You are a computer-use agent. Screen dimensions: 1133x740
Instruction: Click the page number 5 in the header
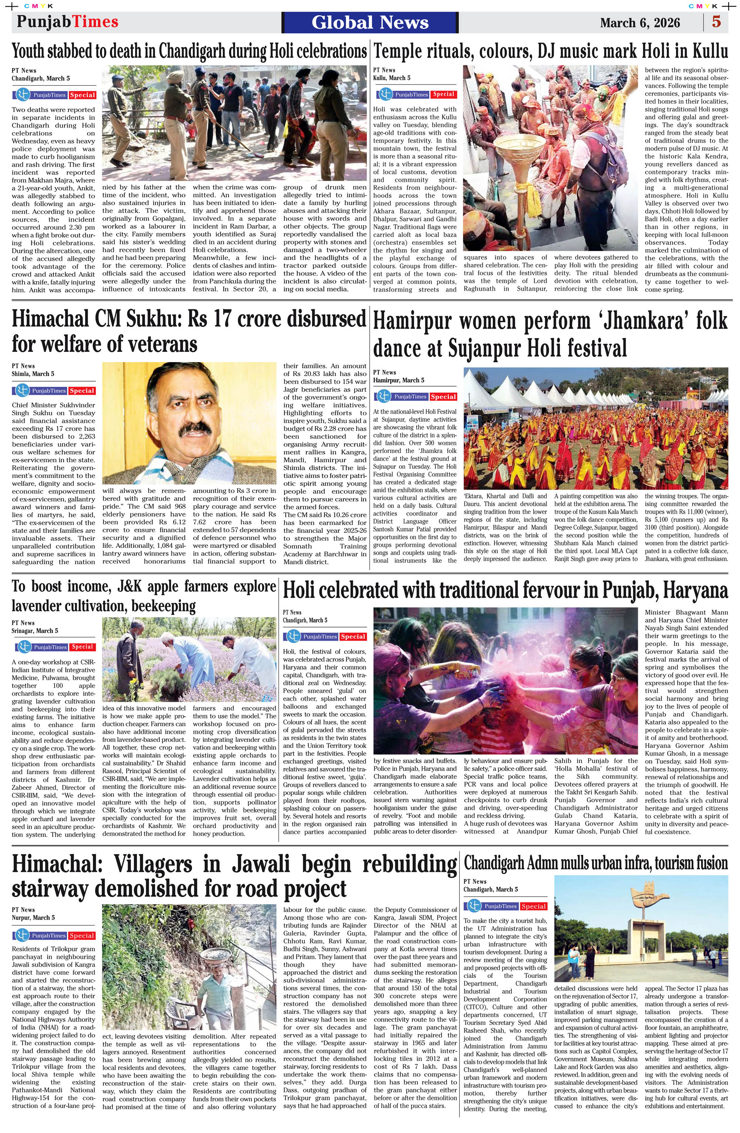click(716, 22)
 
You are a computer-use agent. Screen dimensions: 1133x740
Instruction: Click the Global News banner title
click(370, 22)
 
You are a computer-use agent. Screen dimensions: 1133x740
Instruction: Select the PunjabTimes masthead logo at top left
click(67, 21)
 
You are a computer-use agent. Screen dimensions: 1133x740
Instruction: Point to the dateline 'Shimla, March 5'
click(33, 374)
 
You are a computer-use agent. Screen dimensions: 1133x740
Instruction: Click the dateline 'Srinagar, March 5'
click(35, 630)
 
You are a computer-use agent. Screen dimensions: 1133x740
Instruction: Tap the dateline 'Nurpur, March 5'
click(33, 917)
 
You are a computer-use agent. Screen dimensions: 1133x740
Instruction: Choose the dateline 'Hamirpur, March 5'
click(398, 380)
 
